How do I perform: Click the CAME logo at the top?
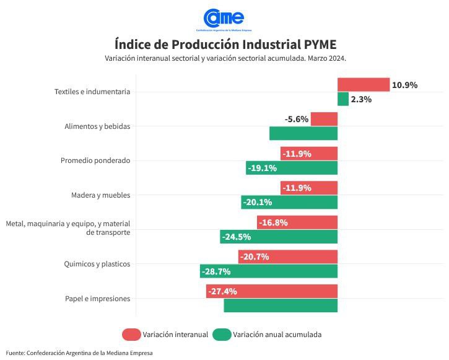(224, 19)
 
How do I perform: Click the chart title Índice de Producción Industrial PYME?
(225, 45)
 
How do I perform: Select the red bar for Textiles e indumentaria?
(363, 85)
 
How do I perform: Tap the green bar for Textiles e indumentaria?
(343, 99)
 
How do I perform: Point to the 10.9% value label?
(405, 85)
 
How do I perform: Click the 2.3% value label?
(361, 99)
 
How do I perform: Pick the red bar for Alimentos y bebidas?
(324, 119)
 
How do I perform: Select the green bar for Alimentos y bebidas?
(303, 133)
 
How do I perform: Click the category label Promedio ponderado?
(95, 160)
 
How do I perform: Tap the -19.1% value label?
(262, 168)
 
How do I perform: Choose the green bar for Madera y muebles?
(289, 202)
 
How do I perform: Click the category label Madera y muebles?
(101, 195)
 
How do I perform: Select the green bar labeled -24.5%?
(279, 237)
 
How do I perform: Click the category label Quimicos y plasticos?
(97, 264)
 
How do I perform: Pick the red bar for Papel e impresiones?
(272, 291)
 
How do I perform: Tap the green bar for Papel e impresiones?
(281, 305)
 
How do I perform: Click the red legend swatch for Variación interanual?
(131, 335)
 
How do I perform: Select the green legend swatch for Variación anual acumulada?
(222, 335)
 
